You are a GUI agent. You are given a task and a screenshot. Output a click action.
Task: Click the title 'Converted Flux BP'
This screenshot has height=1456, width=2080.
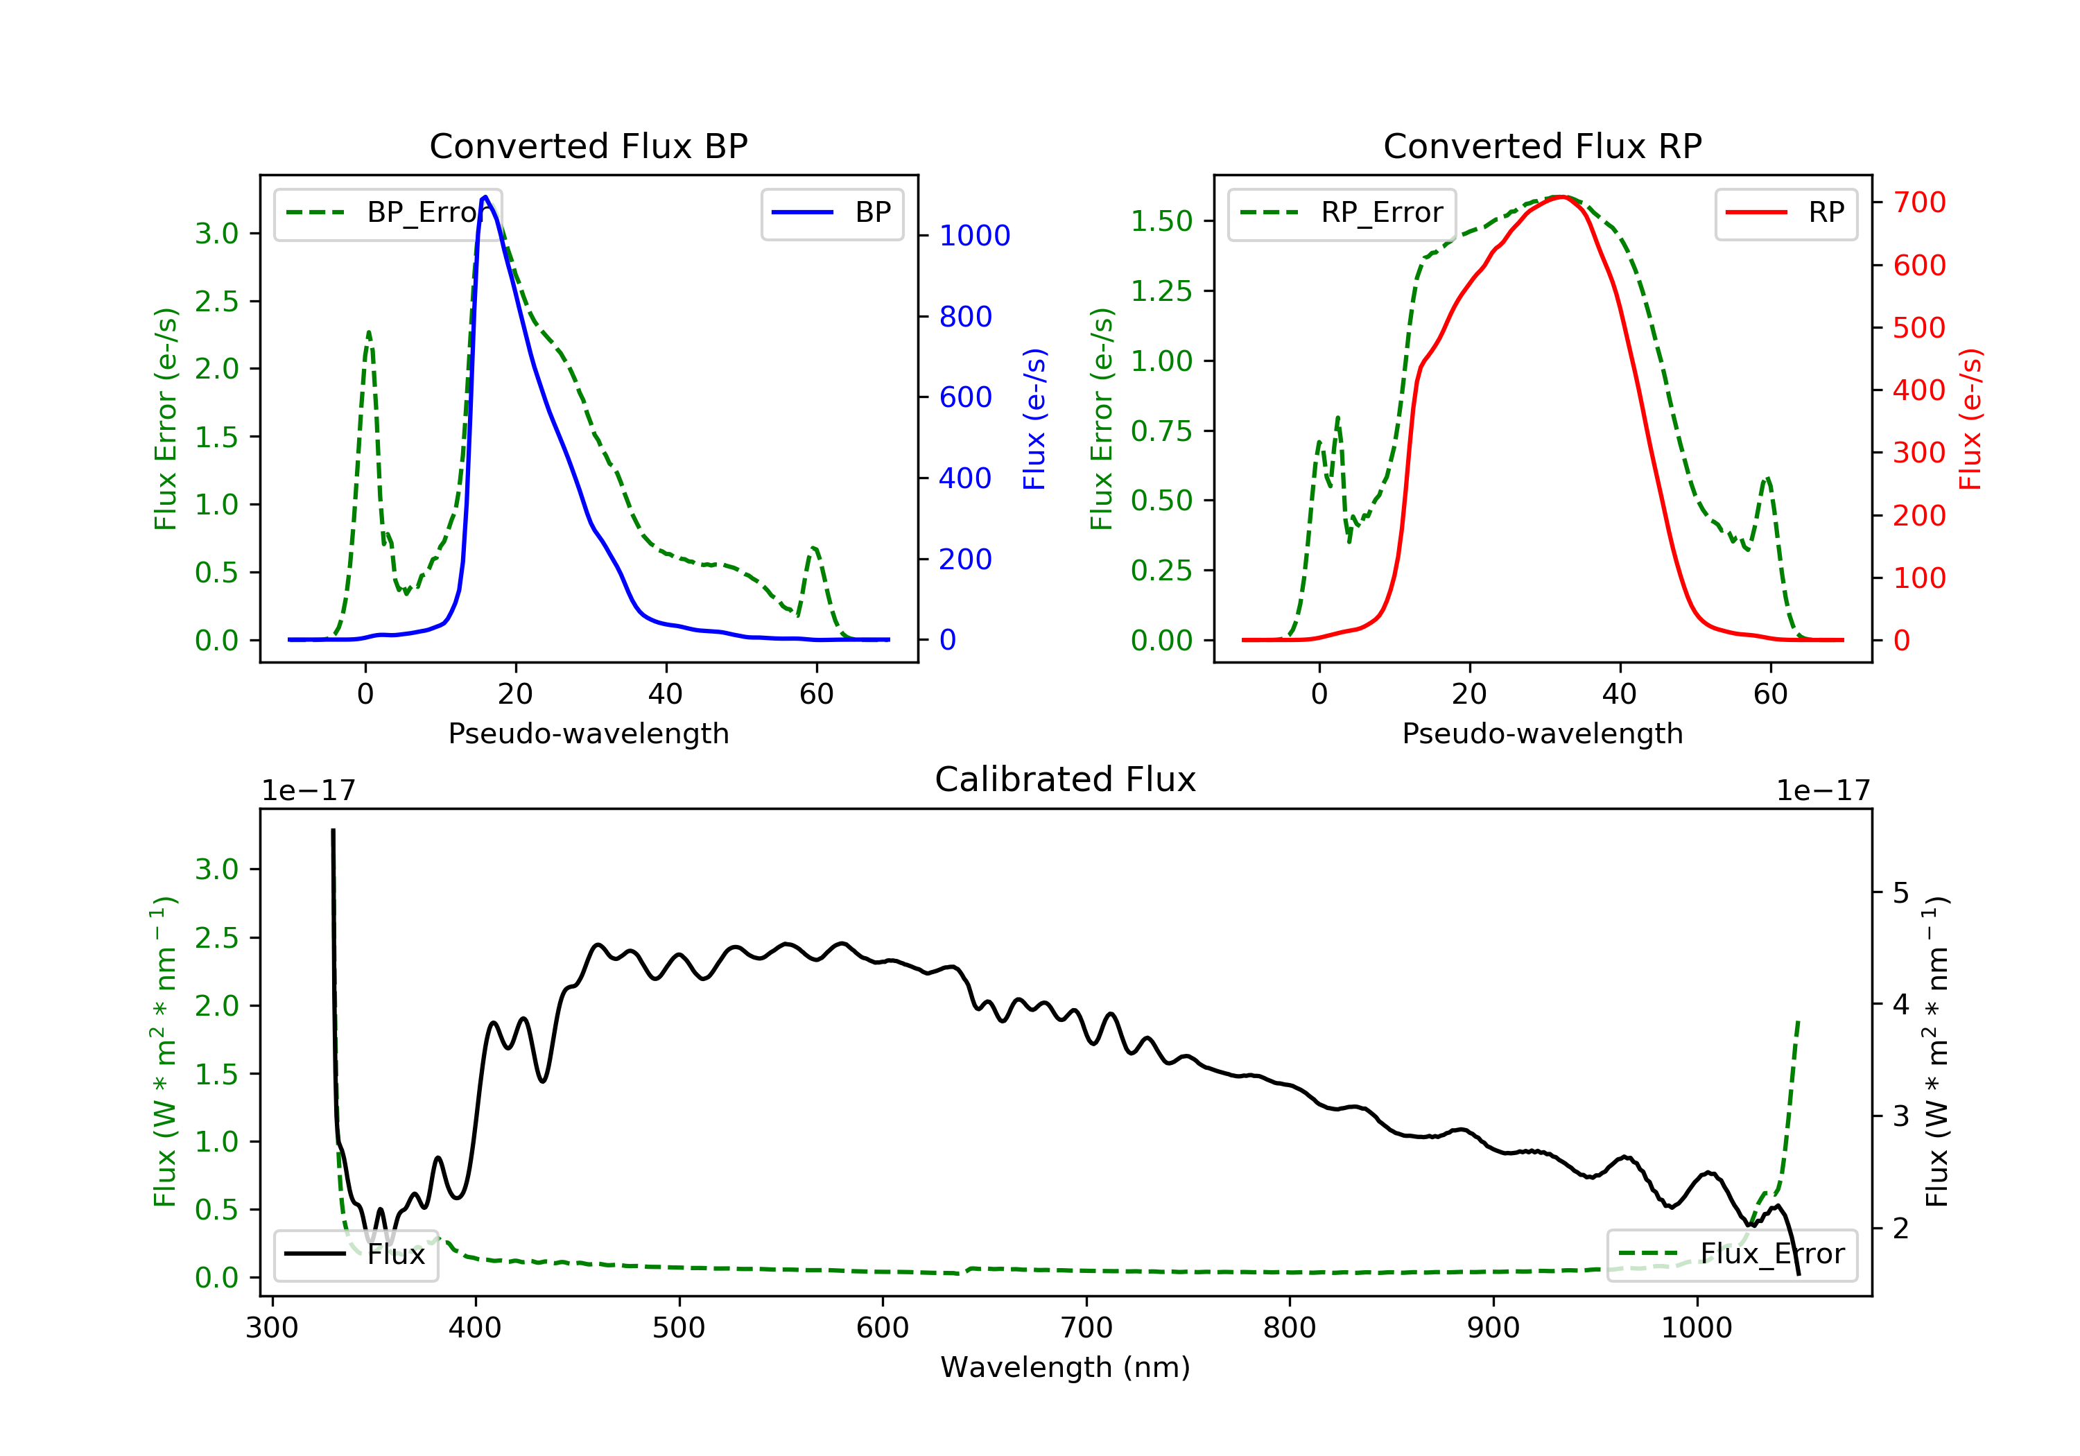(x=589, y=146)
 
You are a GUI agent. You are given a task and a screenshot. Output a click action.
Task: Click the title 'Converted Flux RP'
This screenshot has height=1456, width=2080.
(x=1543, y=146)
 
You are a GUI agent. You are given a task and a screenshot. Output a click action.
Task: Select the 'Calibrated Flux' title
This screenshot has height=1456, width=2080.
(x=1066, y=779)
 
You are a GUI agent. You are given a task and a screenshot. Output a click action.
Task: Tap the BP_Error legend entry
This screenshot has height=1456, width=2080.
(x=387, y=213)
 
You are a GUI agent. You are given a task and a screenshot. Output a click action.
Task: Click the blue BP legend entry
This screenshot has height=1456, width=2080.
(x=831, y=213)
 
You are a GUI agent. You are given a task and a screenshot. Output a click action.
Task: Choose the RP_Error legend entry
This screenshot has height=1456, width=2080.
(x=1342, y=213)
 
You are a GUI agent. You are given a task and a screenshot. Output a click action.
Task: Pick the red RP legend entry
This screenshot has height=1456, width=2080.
(x=1785, y=213)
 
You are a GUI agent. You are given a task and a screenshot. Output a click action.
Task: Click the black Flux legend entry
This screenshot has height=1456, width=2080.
(x=355, y=1254)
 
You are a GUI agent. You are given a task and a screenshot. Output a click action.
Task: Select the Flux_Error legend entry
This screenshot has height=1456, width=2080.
(x=1731, y=1254)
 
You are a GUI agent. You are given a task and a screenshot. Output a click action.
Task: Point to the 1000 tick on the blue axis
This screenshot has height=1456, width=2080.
(x=975, y=236)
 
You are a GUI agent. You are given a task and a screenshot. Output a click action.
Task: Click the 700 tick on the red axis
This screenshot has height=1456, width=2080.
(x=1918, y=202)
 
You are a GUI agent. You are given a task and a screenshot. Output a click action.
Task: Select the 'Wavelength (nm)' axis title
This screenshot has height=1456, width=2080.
(x=1066, y=1367)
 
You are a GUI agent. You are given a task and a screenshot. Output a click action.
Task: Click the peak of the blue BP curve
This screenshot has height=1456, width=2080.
(x=485, y=197)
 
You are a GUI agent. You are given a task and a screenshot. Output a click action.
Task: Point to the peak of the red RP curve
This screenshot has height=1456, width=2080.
(x=1562, y=198)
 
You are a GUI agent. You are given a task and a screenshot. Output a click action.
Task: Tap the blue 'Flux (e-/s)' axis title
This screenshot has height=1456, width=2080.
(x=1034, y=419)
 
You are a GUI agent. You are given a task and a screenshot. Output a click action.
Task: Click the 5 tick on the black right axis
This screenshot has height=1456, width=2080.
(x=1900, y=893)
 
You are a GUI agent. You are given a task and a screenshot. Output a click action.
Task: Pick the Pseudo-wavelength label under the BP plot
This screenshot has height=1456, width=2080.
(x=589, y=733)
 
